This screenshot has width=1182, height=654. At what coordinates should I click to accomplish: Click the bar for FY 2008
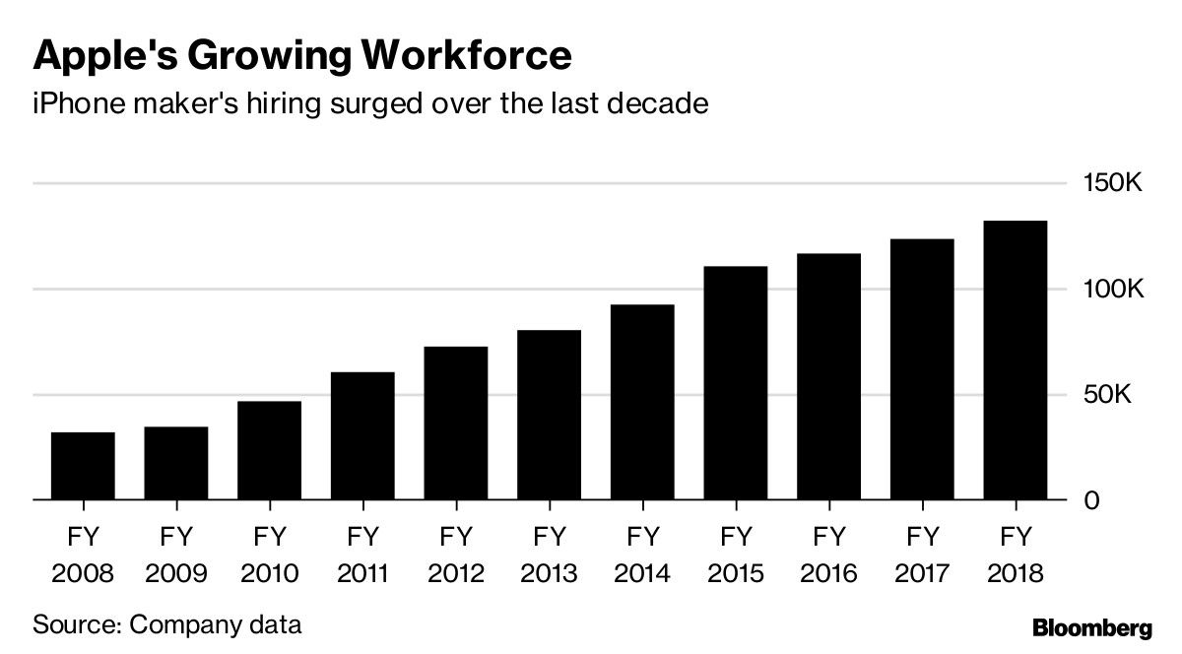coord(83,466)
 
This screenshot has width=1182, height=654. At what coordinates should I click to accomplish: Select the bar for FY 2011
coord(362,436)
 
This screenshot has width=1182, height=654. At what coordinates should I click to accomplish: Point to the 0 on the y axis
coord(1090,501)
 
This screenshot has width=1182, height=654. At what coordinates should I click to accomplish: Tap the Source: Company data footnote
coord(166,624)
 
